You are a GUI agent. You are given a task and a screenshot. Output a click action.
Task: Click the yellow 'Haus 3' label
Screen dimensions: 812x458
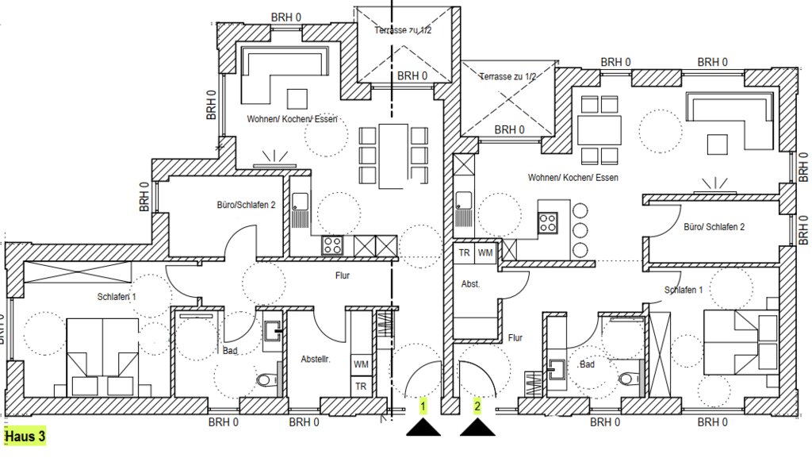tap(25, 437)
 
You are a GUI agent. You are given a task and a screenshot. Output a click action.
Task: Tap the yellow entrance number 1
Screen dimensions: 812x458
tap(423, 406)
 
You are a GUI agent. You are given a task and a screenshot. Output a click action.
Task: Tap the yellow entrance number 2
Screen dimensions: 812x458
tap(477, 406)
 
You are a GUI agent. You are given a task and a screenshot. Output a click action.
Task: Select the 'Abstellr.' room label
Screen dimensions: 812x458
tap(316, 359)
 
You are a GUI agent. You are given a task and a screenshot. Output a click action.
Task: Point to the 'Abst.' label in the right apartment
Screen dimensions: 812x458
tap(471, 284)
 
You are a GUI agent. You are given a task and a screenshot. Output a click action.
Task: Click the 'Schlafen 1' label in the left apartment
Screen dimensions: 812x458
tap(117, 297)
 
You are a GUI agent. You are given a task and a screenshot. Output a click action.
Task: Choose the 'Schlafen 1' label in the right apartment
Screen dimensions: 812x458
tap(684, 291)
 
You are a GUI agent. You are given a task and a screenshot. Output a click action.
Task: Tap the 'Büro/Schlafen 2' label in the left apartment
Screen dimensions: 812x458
tap(246, 205)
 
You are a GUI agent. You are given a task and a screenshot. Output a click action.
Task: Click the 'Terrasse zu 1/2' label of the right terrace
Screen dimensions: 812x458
tap(508, 77)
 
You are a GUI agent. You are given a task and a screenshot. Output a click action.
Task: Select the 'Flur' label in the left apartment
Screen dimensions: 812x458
tap(343, 275)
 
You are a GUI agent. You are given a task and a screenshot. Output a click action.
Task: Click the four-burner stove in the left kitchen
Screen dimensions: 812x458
tap(332, 245)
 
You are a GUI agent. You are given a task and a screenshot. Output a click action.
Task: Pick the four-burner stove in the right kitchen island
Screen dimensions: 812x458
tap(548, 223)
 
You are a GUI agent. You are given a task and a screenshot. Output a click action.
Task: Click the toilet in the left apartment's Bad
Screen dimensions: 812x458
tap(265, 381)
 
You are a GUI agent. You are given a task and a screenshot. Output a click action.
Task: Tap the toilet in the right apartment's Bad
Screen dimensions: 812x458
tap(627, 379)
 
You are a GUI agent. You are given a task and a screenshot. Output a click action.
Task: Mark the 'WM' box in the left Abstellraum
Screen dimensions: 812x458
tap(361, 364)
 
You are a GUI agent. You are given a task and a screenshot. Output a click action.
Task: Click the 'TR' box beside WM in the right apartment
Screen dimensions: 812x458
tap(465, 253)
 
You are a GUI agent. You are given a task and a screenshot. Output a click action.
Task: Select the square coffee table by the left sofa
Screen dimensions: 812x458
tap(297, 99)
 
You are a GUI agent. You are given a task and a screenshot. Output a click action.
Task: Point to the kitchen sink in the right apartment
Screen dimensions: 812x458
tap(463, 200)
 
